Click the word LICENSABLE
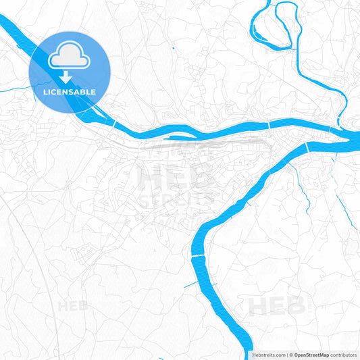pos(69,92)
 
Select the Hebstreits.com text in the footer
pos(265,355)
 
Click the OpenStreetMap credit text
pos(311,355)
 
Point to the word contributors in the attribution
pos(343,355)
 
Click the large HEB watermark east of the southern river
pos(277,305)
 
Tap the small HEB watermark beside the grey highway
pos(74,306)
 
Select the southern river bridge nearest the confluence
pos(307,147)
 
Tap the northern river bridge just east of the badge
pos(115,124)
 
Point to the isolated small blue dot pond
pos(173,48)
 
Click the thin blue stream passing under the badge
pos(17,91)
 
